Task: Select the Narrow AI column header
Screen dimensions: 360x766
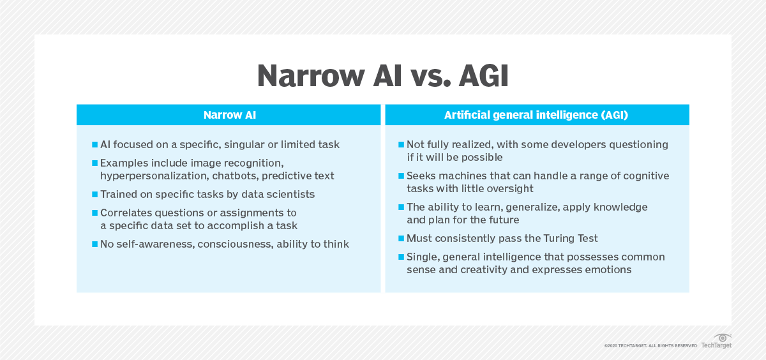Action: [229, 115]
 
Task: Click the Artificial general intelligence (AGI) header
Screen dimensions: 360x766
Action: [537, 115]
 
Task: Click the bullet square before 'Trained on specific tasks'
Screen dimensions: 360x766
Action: [94, 194]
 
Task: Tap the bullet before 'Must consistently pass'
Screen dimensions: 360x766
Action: [401, 238]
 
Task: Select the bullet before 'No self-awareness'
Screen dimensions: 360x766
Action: [94, 244]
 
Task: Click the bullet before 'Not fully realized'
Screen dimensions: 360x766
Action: [401, 145]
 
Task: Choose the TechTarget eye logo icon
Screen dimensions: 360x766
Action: [723, 337]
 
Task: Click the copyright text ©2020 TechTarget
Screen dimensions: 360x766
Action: [650, 345]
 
